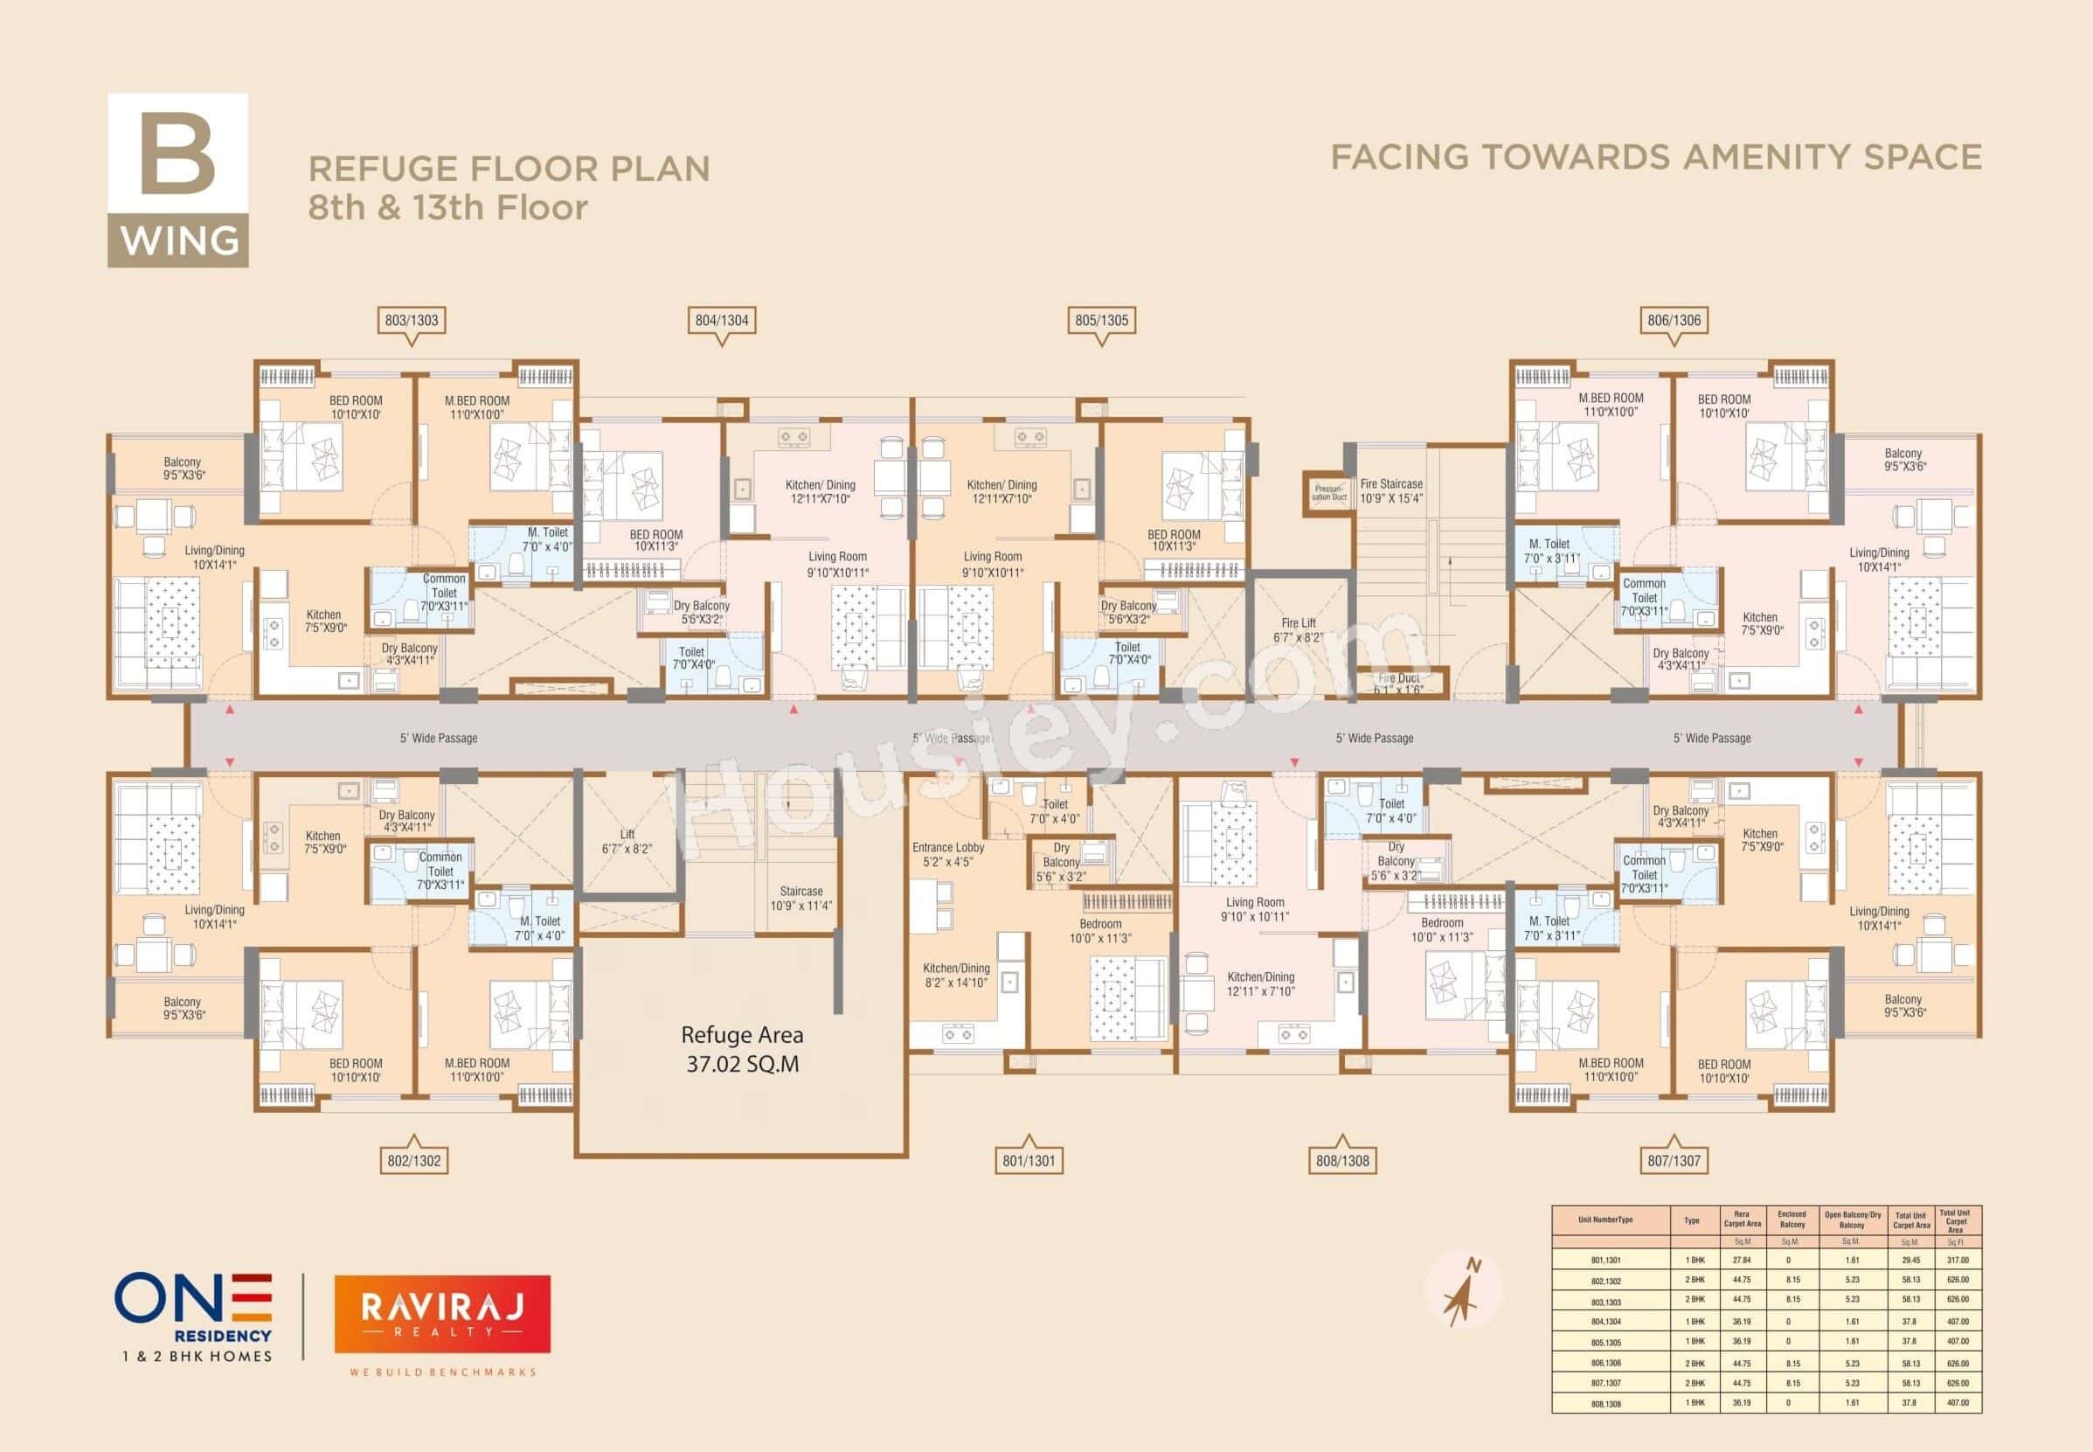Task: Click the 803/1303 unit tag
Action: [x=411, y=320]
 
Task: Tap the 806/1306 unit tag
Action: [x=1674, y=320]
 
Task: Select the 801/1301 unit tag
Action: [x=1029, y=1161]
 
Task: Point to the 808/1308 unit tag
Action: [x=1341, y=1161]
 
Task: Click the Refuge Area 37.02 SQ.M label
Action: [x=742, y=1049]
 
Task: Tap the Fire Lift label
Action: [x=1298, y=630]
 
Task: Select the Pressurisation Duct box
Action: [x=1329, y=493]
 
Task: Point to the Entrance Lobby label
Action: [x=948, y=854]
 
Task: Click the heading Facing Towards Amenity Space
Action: [x=1655, y=156]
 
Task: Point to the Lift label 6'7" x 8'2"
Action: [x=627, y=842]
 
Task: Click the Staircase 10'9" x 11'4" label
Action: [x=800, y=899]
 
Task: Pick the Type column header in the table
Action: [x=1691, y=1221]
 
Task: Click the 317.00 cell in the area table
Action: [x=1955, y=1260]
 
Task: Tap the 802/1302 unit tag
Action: [x=414, y=1161]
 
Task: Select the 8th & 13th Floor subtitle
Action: [x=447, y=208]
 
